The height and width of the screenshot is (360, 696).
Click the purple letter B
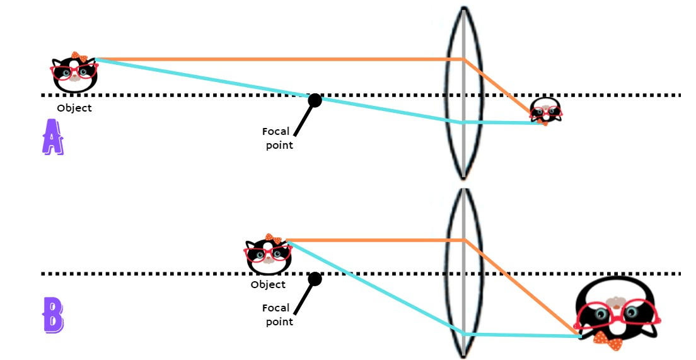point(53,315)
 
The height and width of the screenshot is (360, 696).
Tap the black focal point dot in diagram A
point(315,100)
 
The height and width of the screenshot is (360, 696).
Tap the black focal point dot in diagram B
point(315,278)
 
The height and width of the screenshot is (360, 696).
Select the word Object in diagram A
point(74,108)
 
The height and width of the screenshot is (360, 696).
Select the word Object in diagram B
point(268,284)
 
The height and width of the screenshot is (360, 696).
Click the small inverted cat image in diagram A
point(545,110)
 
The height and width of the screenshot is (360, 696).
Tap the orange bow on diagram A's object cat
point(79,56)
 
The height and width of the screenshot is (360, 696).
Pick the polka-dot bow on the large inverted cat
point(608,341)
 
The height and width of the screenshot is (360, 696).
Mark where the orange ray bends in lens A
point(464,60)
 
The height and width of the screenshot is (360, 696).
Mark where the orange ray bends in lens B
point(464,240)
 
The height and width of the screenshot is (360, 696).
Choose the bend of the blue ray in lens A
point(463,122)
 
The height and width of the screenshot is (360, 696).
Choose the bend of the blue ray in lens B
point(464,334)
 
